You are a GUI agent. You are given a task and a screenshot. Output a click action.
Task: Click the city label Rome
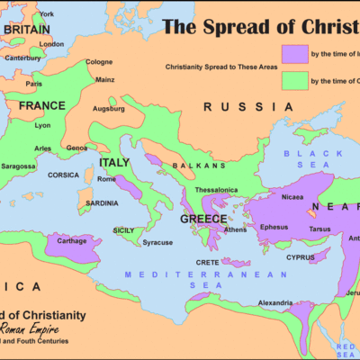[107, 179]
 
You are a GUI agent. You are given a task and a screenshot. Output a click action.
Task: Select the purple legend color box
[293, 51]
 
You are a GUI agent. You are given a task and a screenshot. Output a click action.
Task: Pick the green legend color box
[293, 81]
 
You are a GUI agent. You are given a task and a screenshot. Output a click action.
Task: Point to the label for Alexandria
[273, 302]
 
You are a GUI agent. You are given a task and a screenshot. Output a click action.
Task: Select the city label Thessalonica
[219, 191]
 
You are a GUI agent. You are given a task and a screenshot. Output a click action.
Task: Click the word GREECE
[203, 219]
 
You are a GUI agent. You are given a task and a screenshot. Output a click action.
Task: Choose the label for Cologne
[99, 62]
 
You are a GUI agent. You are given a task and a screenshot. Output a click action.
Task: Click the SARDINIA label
[100, 203]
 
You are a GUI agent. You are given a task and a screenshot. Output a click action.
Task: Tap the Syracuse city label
[157, 243]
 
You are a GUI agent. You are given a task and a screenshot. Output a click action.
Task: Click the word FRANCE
[42, 105]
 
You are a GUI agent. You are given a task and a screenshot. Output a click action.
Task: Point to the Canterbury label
[23, 58]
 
